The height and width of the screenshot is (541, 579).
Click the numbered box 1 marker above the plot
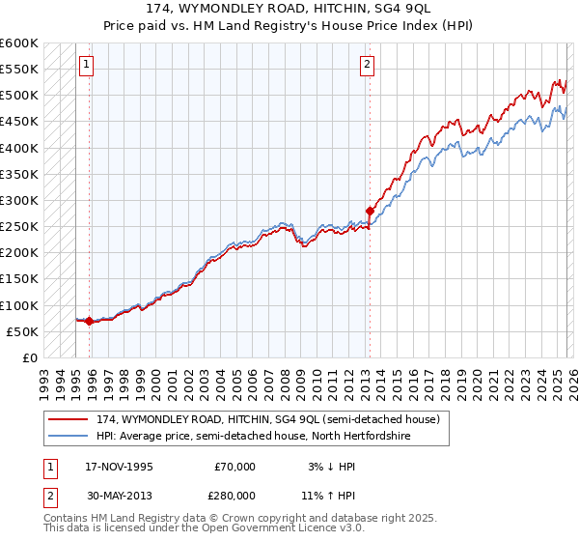(87, 65)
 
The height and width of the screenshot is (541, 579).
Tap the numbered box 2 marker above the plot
(368, 65)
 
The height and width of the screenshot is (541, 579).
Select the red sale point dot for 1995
(90, 321)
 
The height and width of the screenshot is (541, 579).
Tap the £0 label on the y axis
(29, 357)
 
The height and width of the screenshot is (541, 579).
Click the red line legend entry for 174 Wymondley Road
(268, 419)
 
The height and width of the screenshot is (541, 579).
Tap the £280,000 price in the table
(234, 494)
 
